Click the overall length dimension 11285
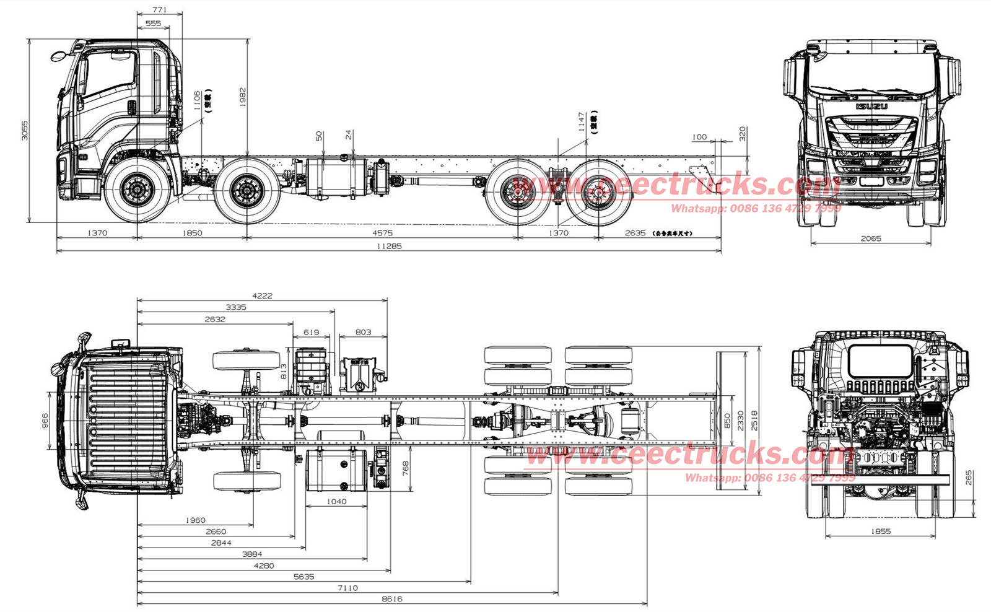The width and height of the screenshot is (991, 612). [389, 246]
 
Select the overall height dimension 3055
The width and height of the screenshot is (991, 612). [25, 130]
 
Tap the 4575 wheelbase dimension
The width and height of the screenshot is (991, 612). [382, 233]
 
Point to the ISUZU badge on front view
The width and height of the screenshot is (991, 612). [871, 107]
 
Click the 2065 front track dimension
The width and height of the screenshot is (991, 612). [870, 238]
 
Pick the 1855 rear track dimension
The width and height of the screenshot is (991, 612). [880, 531]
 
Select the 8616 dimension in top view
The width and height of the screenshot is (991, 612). [391, 599]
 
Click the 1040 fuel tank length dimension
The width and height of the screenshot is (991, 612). [336, 501]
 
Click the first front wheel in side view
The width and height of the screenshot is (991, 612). [137, 190]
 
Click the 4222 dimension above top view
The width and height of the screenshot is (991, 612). [262, 295]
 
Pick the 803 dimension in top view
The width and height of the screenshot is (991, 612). [363, 332]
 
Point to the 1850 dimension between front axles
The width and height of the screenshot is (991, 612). [192, 233]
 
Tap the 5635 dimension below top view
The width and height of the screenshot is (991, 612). [303, 577]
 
